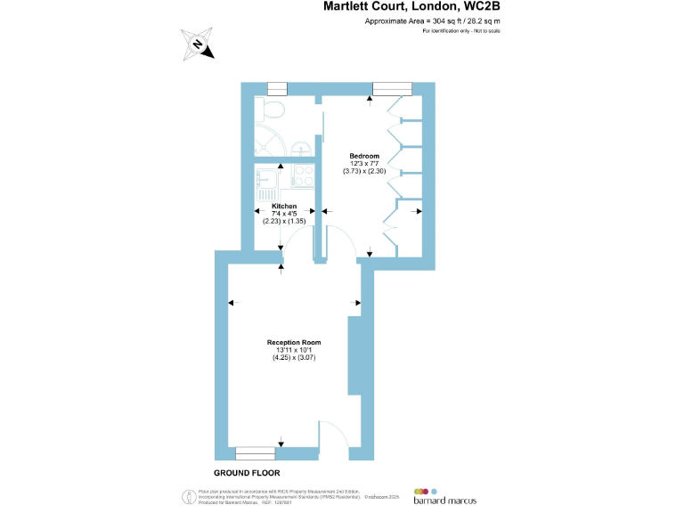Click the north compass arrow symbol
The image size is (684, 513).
tap(199, 44)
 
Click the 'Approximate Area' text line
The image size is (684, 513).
tap(433, 20)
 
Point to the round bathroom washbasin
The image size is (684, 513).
tap(303, 147)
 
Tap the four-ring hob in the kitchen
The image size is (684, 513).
tap(301, 175)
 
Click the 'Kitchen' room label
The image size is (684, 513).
tap(284, 206)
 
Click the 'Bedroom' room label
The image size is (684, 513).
tap(364, 156)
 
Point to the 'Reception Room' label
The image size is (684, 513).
tap(294, 342)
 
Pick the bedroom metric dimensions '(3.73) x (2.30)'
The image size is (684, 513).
tap(364, 170)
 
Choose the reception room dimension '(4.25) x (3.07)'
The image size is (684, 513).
tap(294, 357)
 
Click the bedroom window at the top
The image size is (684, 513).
tap(391, 87)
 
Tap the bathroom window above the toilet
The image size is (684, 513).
tap(277, 87)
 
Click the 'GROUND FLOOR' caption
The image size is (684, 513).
tap(248, 473)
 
